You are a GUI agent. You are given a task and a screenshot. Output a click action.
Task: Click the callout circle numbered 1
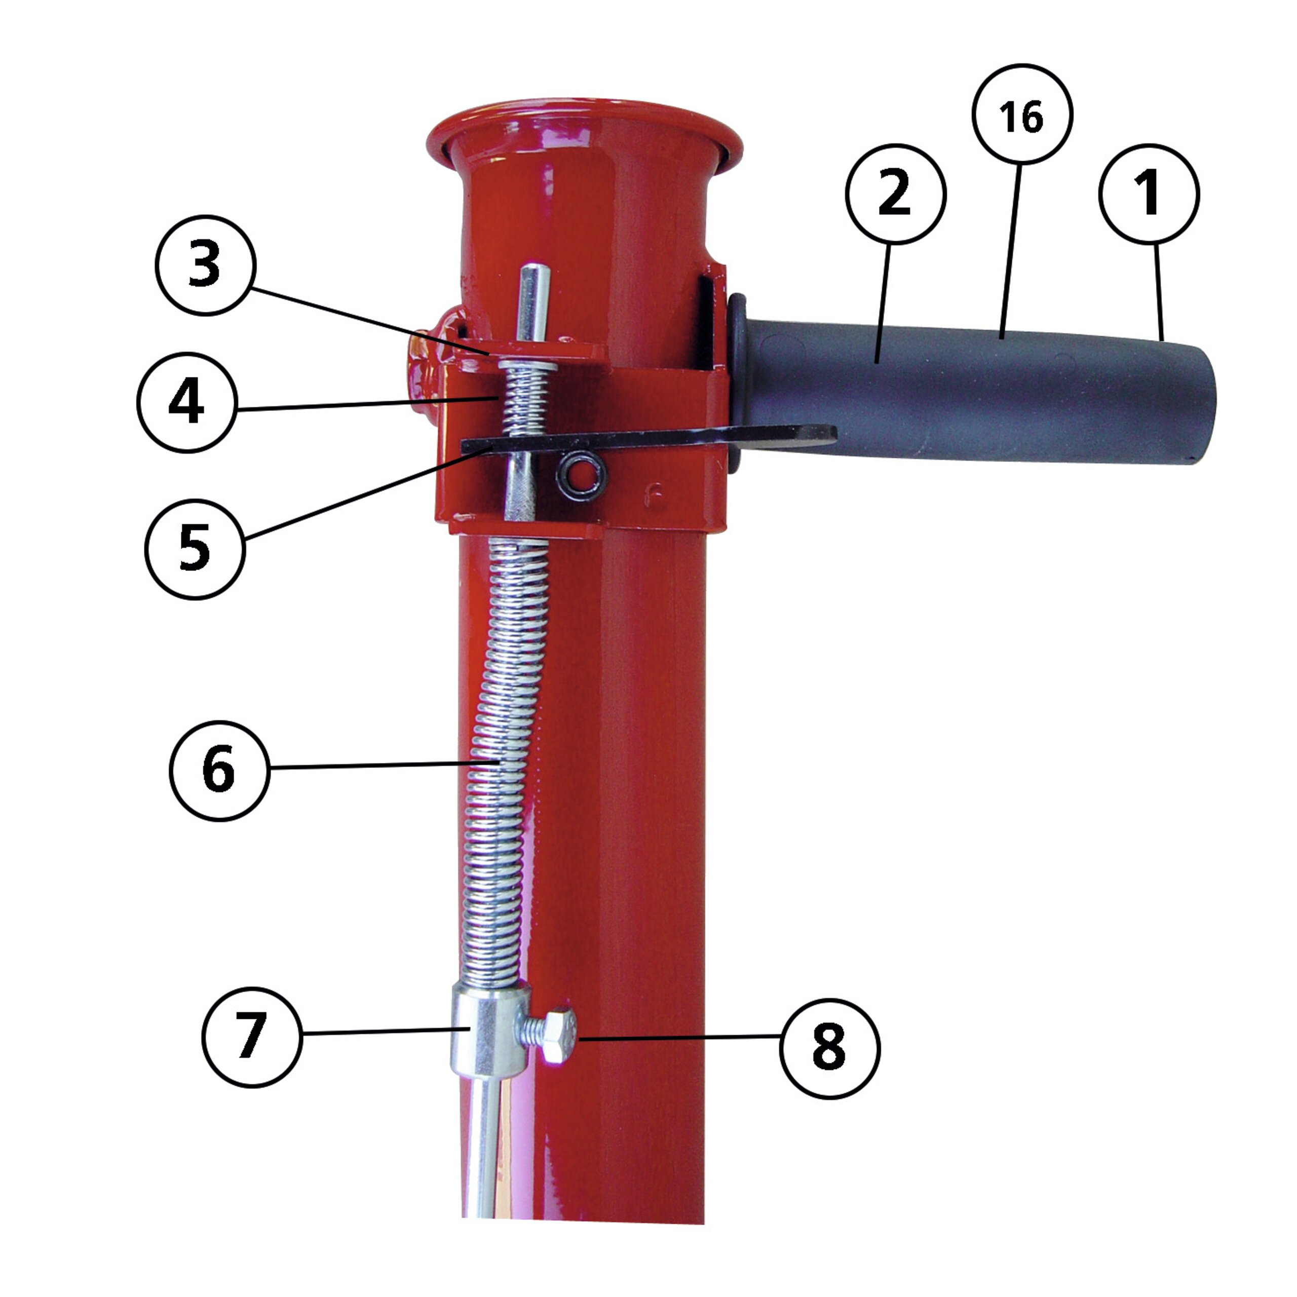pyautogui.click(x=1149, y=194)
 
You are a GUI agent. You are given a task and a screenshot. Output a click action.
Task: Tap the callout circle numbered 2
pyautogui.click(x=896, y=194)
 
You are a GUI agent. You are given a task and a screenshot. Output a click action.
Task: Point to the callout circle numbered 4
pyautogui.click(x=186, y=403)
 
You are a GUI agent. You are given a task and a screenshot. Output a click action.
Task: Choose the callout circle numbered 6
pyautogui.click(x=219, y=771)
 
